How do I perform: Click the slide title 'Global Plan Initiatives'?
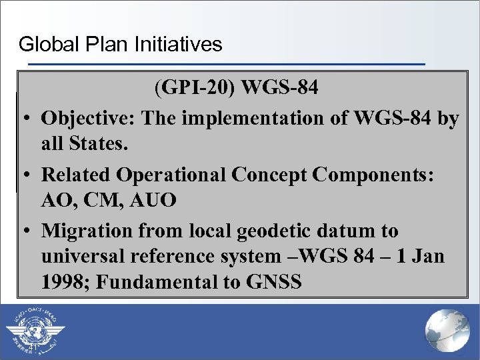120,45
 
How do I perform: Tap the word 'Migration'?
87,231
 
